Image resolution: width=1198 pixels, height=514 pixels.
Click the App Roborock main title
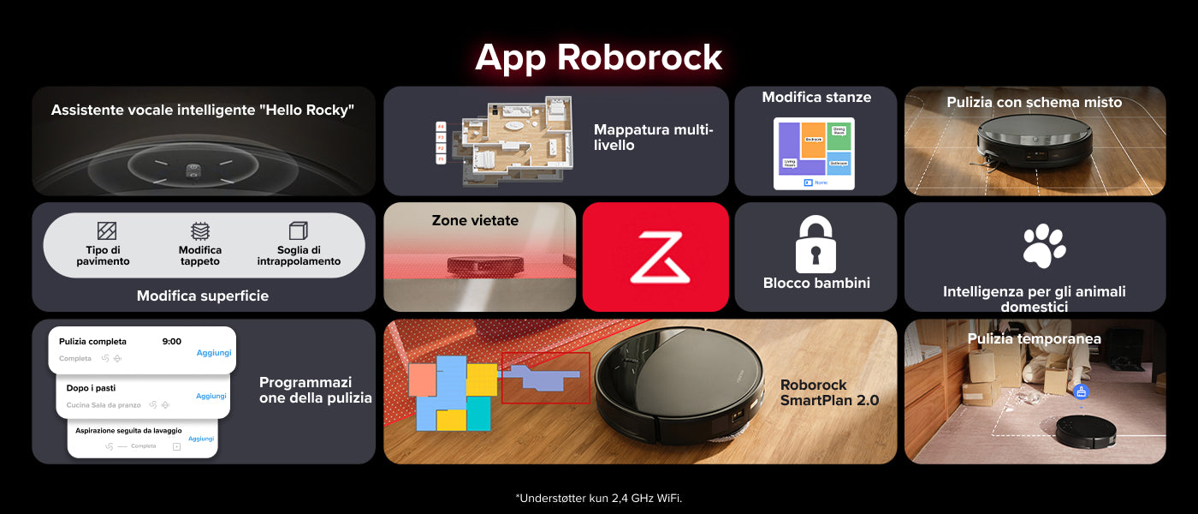[598, 57]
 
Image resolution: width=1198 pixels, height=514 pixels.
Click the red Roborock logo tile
[655, 257]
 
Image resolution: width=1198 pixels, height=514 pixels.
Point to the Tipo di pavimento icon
[106, 231]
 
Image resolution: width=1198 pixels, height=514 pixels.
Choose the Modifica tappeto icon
[200, 231]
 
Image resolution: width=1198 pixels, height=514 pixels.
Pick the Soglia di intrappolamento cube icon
[298, 231]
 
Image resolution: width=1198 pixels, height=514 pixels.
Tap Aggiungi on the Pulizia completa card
[214, 353]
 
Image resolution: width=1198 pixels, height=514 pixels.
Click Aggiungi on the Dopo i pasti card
[211, 396]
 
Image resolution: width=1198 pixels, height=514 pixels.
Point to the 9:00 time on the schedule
[171, 342]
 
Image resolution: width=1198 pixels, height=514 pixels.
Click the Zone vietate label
[475, 221]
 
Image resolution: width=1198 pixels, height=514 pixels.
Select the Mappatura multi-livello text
[653, 137]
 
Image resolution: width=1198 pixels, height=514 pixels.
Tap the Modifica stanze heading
[816, 98]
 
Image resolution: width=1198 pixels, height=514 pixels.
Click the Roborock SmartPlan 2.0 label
[829, 392]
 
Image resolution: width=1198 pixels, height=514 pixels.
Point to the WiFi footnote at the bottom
[599, 498]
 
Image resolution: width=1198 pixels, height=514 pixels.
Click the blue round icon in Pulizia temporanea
[1081, 391]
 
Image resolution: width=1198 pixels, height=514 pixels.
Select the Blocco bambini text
[816, 283]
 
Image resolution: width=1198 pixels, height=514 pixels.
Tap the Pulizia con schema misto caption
[1034, 103]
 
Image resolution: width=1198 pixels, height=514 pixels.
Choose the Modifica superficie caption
[203, 296]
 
